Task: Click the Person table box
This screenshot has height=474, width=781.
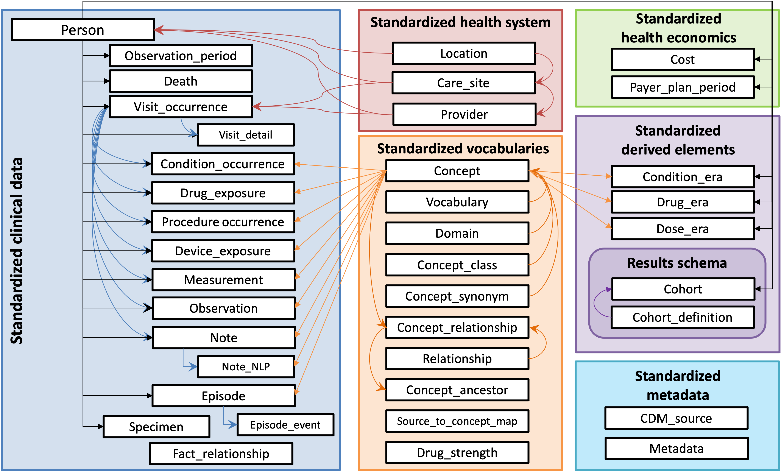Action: [83, 30]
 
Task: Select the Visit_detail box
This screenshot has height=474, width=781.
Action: [246, 135]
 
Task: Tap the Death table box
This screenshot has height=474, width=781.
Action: [181, 81]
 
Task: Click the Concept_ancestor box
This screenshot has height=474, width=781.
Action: [457, 390]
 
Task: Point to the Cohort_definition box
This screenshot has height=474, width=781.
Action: [682, 317]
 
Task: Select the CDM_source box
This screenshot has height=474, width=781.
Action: [676, 418]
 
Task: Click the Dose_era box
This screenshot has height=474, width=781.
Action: [682, 229]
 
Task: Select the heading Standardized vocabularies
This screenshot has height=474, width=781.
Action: [463, 148]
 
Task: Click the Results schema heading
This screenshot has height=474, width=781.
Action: [677, 263]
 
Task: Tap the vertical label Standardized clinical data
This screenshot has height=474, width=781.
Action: [17, 251]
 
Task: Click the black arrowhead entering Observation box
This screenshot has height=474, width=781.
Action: [148, 308]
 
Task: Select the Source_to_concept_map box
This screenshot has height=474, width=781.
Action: [457, 421]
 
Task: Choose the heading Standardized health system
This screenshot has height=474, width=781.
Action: [460, 22]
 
